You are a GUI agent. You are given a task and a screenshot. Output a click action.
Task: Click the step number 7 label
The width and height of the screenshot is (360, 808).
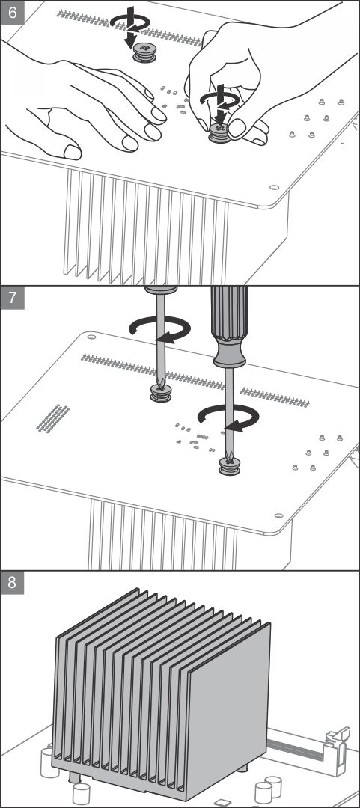tap(13, 299)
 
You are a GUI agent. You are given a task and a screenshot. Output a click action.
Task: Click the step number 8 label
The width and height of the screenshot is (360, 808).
tap(13, 583)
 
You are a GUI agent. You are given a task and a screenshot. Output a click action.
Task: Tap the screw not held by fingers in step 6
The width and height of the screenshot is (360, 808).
tap(144, 52)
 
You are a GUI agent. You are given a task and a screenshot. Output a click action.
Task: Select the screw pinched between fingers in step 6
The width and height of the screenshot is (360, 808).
tap(220, 133)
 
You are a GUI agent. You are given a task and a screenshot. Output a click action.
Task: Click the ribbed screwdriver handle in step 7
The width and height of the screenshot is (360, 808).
tap(230, 327)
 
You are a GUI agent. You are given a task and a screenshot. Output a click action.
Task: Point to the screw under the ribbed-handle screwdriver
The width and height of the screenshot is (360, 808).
tap(229, 465)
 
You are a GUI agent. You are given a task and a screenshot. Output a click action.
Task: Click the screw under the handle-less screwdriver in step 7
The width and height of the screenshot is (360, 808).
tap(160, 393)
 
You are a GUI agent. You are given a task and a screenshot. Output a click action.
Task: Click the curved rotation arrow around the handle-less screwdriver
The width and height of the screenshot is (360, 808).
tap(160, 328)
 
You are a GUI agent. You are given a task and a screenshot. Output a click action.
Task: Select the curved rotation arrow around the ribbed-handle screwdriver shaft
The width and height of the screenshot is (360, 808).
tap(229, 417)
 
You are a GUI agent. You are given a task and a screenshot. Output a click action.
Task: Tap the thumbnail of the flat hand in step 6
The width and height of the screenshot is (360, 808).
tap(73, 152)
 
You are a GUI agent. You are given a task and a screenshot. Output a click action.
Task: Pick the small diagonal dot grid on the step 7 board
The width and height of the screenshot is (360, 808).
tap(53, 418)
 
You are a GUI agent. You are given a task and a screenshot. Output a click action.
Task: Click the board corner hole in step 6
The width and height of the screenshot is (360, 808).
tap(275, 188)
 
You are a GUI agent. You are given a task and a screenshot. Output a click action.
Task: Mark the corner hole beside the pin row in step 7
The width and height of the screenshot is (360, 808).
tap(91, 337)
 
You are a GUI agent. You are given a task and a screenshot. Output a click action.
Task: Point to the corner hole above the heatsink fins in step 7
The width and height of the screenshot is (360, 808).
tap(278, 515)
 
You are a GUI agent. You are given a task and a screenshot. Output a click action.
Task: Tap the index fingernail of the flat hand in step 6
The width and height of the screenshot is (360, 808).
tap(159, 114)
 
